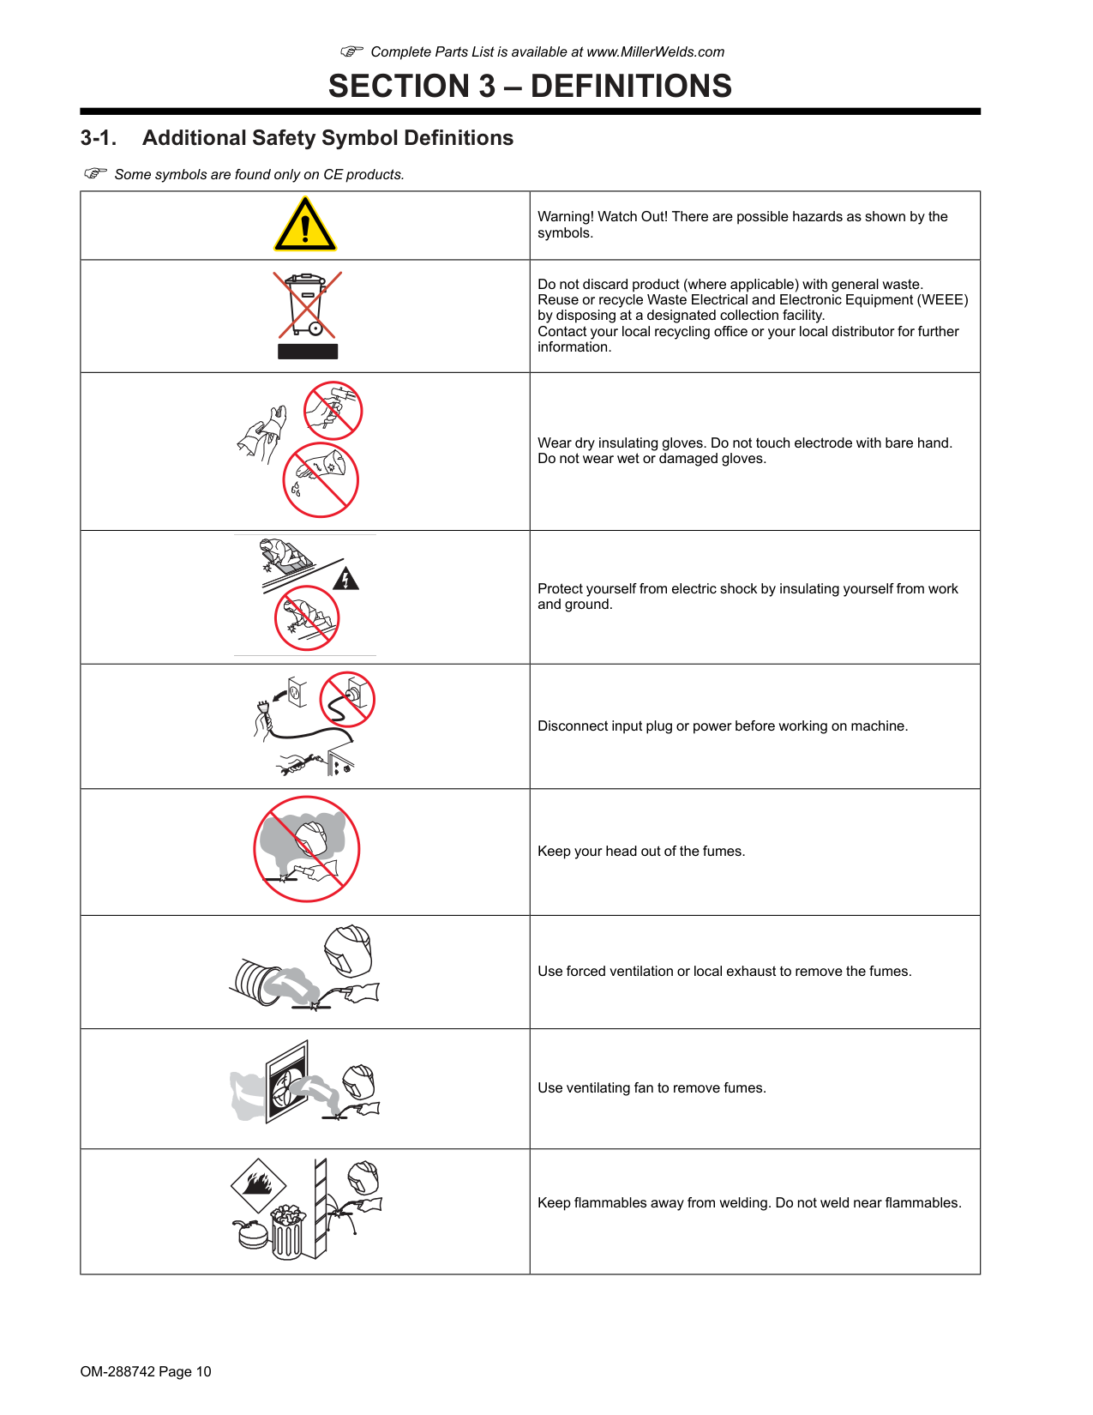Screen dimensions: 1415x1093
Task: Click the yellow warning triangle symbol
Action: [x=305, y=226]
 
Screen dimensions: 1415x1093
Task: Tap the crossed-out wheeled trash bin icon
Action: [x=308, y=304]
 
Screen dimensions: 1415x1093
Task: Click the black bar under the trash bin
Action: [x=308, y=352]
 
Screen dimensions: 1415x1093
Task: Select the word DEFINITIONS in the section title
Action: [x=631, y=86]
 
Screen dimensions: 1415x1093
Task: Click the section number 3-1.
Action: [x=98, y=138]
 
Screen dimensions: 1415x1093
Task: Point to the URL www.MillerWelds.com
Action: [x=655, y=51]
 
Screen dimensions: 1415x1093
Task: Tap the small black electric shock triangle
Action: [x=345, y=580]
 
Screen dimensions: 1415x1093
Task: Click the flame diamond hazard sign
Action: [x=258, y=1185]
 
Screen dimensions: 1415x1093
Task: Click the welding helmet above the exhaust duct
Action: [x=349, y=950]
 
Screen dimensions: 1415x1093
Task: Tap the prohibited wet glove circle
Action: [x=321, y=480]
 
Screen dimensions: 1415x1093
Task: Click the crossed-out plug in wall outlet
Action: [x=347, y=699]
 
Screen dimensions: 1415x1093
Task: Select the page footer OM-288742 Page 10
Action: [x=146, y=1371]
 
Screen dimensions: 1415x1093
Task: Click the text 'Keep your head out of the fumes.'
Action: [x=641, y=852]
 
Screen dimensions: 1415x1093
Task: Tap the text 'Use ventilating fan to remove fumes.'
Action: [x=652, y=1088]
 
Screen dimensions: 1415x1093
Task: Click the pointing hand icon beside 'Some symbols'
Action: [x=95, y=173]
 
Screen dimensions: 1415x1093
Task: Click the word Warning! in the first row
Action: [x=565, y=217]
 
